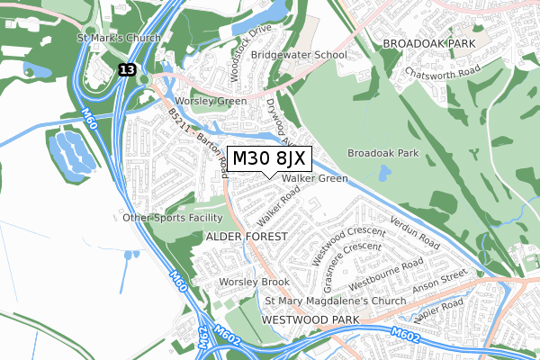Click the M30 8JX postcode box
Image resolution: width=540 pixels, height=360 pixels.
pos(269,159)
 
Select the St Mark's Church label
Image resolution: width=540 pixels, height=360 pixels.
pos(119,38)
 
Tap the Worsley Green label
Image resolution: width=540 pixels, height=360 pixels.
pos(211,102)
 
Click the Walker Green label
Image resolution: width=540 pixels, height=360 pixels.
pos(314,179)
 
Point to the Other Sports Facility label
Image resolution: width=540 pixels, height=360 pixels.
pos(173,218)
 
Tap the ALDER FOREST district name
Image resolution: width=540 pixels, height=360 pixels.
pos(247,236)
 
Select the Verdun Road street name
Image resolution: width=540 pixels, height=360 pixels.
pos(415,232)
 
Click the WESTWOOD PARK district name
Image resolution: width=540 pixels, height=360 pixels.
pos(310,319)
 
